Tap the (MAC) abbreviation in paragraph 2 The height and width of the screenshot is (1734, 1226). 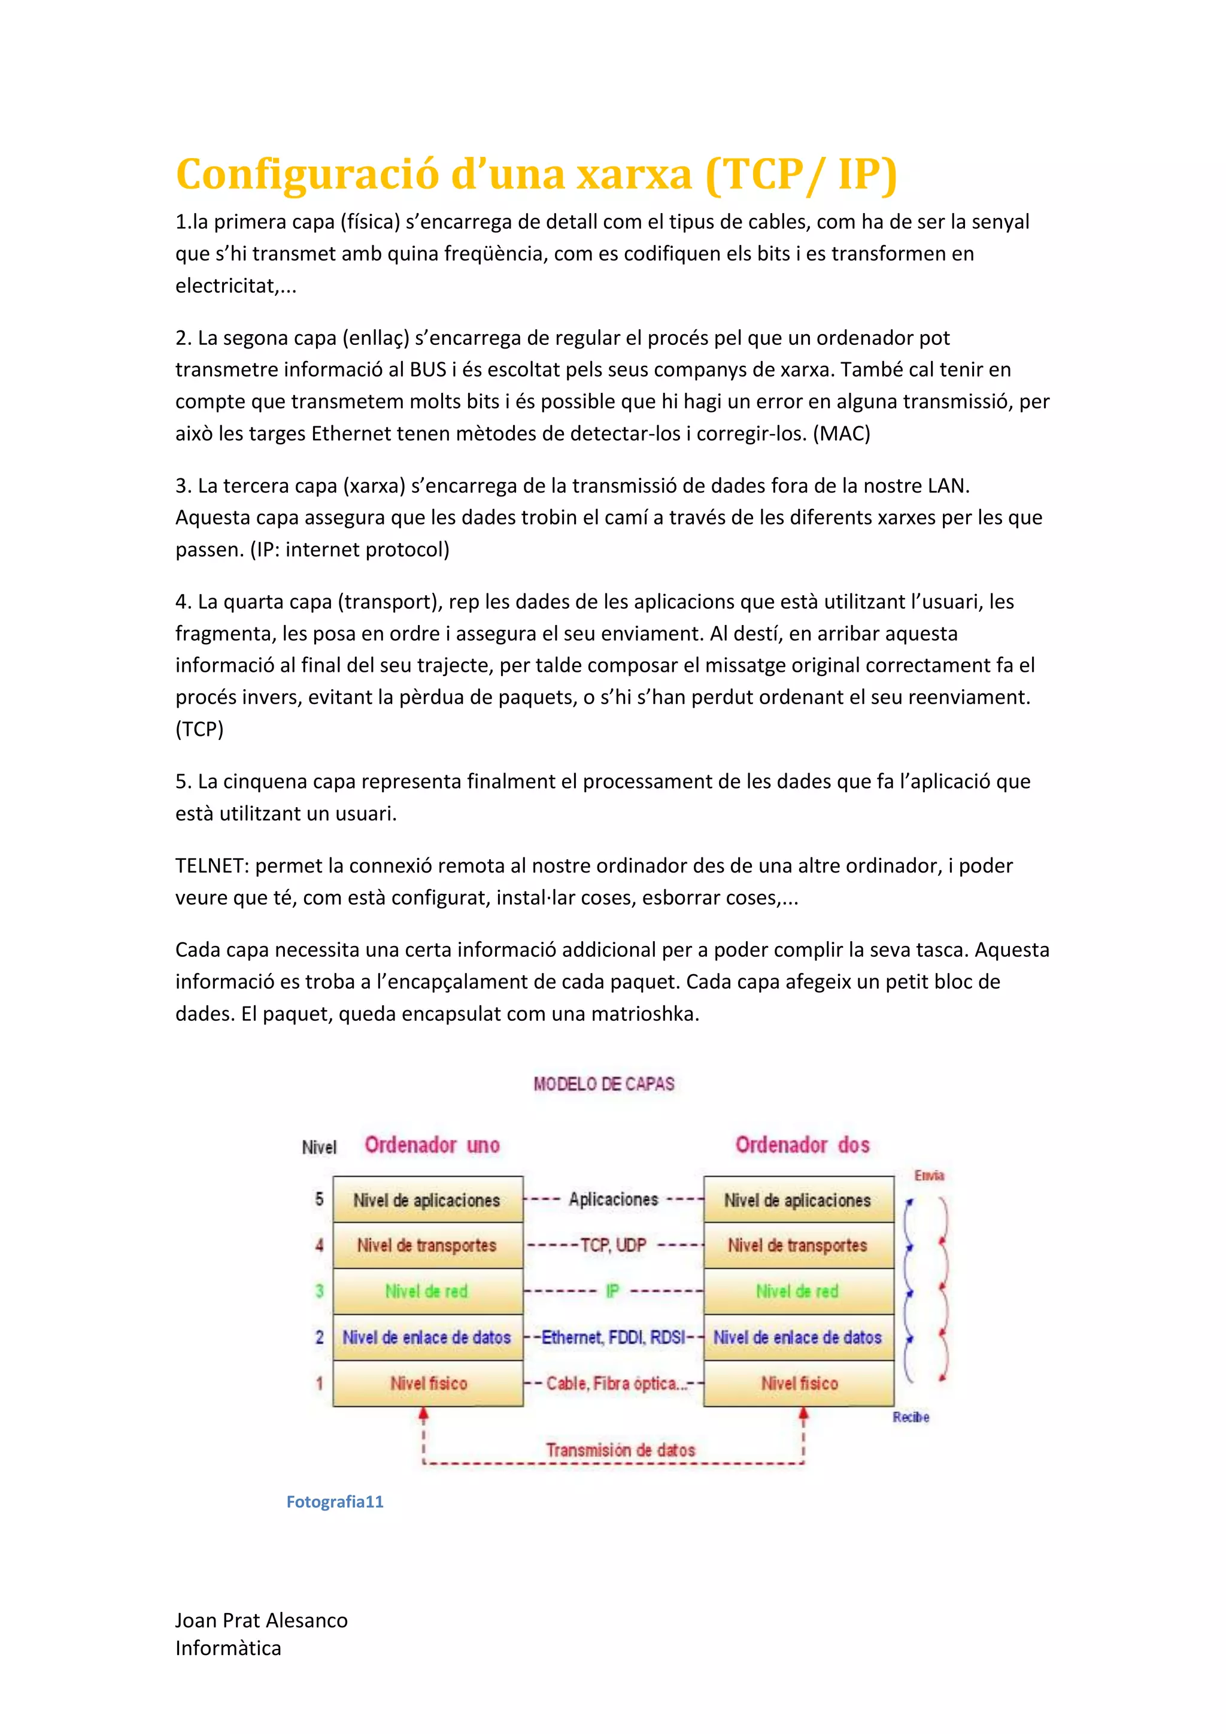[841, 433]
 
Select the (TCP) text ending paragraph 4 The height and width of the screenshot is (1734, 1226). [199, 729]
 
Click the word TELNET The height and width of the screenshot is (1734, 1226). [211, 865]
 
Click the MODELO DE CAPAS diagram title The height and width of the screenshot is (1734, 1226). [603, 1084]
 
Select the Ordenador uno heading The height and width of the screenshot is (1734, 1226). [432, 1145]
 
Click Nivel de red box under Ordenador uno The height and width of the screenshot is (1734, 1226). [427, 1292]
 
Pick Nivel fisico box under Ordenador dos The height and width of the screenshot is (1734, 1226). [799, 1384]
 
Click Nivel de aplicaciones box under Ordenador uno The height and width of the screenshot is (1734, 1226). [427, 1200]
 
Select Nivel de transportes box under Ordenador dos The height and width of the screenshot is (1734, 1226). [798, 1245]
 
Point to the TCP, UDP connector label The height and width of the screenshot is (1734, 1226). [612, 1245]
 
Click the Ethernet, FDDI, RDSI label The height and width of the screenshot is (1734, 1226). [613, 1338]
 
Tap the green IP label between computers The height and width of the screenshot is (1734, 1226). [612, 1292]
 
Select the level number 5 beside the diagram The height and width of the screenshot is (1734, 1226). [319, 1199]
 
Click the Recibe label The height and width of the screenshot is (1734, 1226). [911, 1418]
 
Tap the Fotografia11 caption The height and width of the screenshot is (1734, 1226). [335, 1502]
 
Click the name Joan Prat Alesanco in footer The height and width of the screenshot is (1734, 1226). [261, 1621]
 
